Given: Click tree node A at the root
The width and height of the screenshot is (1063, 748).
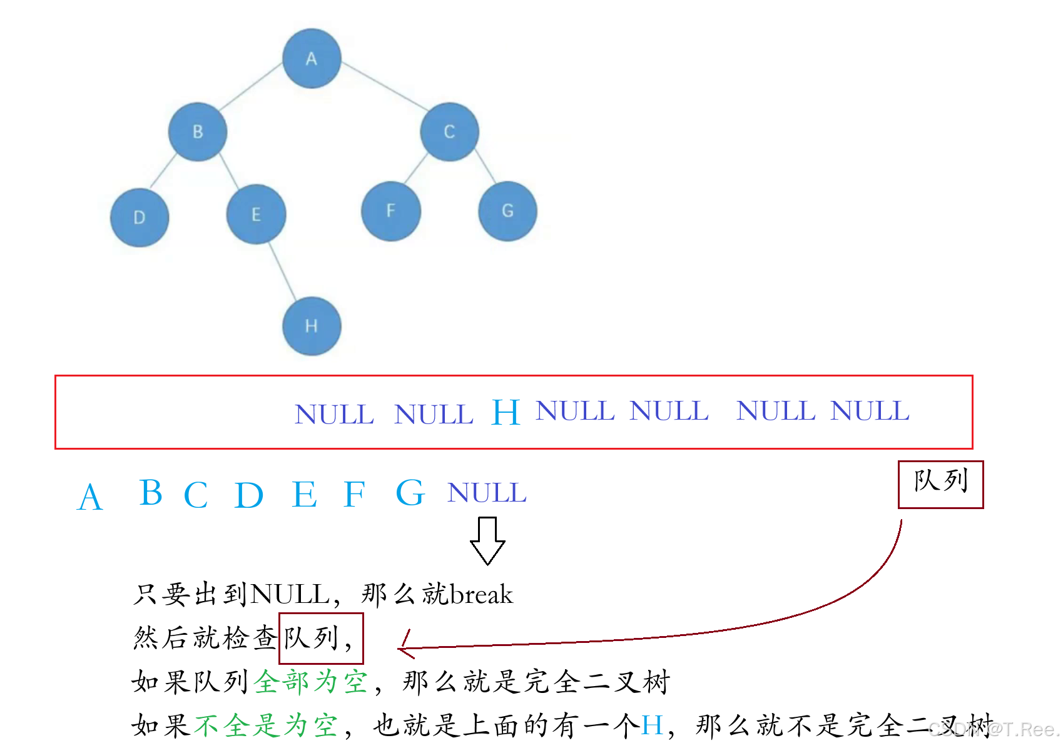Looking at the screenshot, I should pos(312,58).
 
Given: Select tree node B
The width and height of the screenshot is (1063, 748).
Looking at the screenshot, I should pos(198,132).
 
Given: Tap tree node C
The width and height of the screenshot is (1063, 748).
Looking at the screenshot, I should pos(449,132).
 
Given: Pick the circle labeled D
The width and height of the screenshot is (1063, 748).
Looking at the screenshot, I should pos(140,217).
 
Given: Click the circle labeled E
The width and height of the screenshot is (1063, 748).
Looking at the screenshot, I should pos(256,215).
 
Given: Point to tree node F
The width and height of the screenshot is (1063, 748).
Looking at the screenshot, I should pos(391,211).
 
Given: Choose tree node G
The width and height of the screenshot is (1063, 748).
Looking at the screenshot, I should pos(507,211).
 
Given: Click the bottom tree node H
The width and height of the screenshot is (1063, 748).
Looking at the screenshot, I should pos(312,326).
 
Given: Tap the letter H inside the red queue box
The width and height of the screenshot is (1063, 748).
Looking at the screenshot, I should pos(506,413).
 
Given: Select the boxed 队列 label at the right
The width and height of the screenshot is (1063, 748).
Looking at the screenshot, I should pos(940,484).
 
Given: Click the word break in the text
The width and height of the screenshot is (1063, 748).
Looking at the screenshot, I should pos(481,594).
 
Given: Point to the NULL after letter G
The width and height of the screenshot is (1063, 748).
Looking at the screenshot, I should pos(487,493).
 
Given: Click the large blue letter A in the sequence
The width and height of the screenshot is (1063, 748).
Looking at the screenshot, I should pos(90,498).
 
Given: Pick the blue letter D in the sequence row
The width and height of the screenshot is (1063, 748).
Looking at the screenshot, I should pos(248,495).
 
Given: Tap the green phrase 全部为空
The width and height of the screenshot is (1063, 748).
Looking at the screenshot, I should pos(311,681).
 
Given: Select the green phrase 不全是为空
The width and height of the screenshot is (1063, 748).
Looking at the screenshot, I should pos(265,725).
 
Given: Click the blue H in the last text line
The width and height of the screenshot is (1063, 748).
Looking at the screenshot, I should pos(651,725).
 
